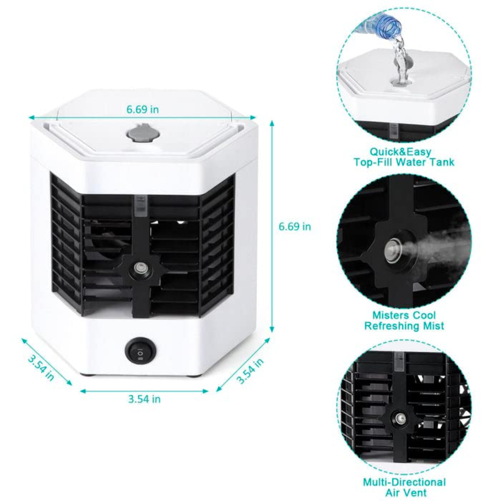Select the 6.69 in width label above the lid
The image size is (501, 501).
click(x=143, y=109)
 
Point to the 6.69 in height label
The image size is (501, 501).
click(x=295, y=226)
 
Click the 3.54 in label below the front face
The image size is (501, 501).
click(x=144, y=399)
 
